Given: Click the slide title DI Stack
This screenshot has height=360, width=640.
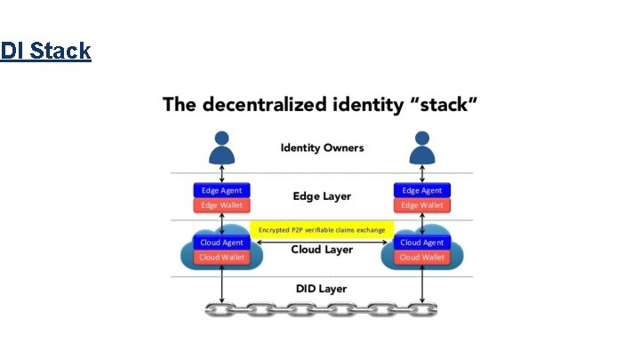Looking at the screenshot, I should [x=45, y=51].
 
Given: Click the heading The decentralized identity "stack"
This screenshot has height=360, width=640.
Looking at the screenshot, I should [x=321, y=105].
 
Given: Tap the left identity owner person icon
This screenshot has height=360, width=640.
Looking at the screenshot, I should [x=222, y=148].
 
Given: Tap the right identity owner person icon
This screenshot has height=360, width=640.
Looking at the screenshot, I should [x=422, y=148].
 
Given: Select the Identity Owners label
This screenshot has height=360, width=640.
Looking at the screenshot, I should [x=322, y=148].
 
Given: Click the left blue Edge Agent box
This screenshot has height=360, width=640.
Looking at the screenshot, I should [x=222, y=190].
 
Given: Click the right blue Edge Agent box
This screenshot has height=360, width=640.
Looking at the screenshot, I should [x=422, y=190].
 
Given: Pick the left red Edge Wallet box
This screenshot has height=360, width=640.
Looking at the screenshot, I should [x=222, y=205].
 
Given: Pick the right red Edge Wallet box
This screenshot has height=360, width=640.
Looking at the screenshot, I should [x=422, y=205].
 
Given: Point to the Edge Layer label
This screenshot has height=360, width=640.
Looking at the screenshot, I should [x=322, y=196].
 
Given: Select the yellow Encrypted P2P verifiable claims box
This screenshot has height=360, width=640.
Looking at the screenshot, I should [x=322, y=229].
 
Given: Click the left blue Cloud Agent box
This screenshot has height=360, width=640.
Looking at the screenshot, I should [x=222, y=242].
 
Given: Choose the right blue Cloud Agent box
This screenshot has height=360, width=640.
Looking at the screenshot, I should [x=422, y=242].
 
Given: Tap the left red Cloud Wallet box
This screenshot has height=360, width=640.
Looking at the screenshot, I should [x=222, y=257].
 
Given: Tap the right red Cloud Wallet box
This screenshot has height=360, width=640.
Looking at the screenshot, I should [x=422, y=257].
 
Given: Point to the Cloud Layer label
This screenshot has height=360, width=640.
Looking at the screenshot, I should [x=322, y=250].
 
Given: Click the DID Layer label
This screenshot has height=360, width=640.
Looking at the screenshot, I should [x=322, y=289].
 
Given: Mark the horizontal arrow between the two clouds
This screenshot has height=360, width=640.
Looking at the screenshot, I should [x=322, y=240].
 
